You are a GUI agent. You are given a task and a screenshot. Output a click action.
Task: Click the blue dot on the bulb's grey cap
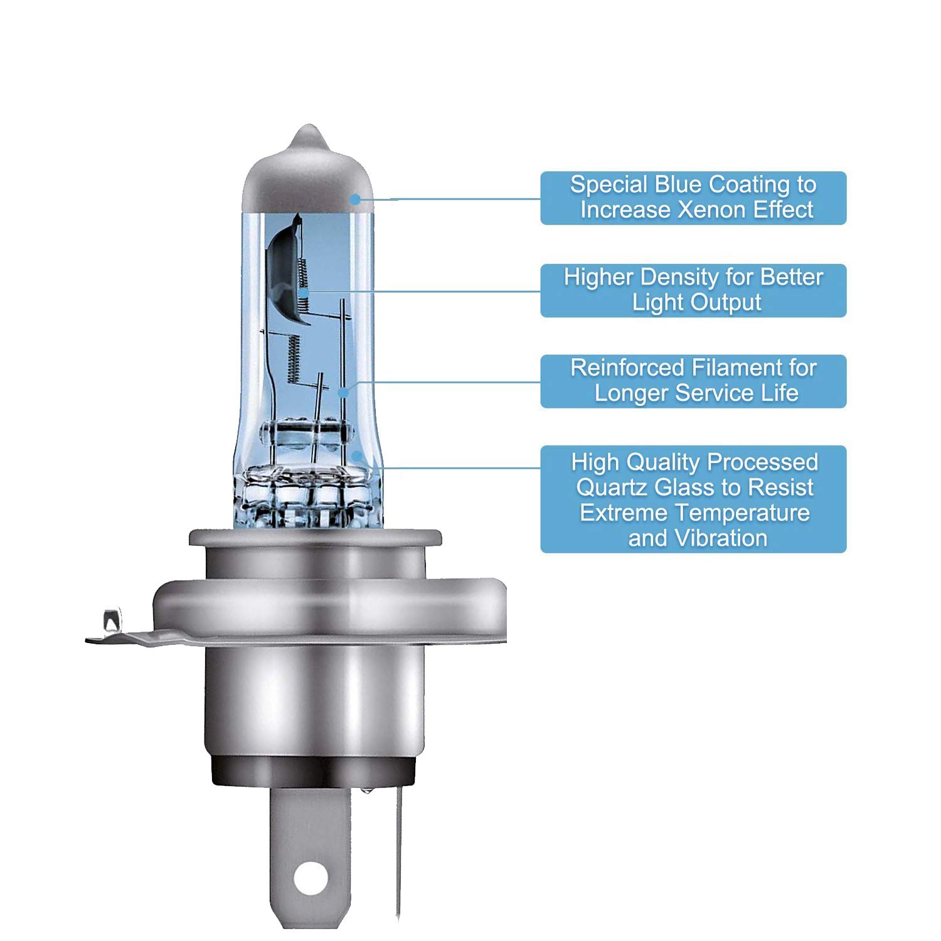coord(355,199)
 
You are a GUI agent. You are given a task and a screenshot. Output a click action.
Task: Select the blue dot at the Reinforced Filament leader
coord(343,393)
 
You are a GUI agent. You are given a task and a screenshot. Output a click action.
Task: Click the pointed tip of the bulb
coord(308,127)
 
